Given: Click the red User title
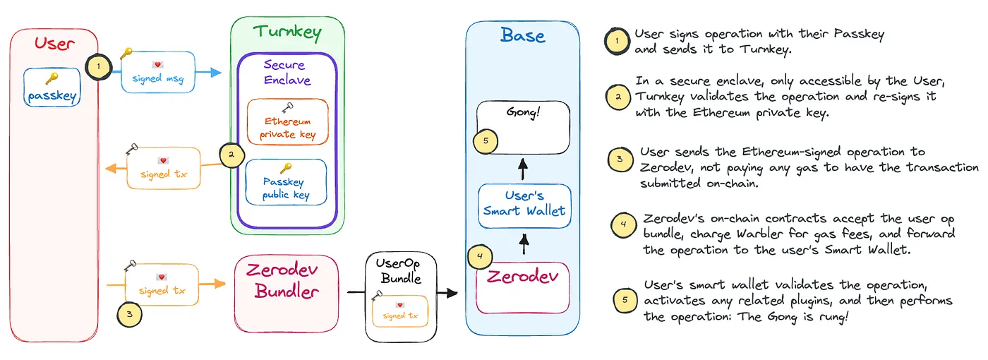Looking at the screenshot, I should point(54,44).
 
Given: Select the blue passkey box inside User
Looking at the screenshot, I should point(52,88).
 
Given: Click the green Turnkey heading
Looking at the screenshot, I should point(287,32).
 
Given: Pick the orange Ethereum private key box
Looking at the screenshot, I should point(287,121).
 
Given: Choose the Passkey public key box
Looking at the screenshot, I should point(286,181).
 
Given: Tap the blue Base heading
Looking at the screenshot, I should point(522,35).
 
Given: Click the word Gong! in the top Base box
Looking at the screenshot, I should point(523,112).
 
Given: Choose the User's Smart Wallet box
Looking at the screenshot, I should point(524,205).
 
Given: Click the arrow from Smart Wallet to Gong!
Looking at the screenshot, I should point(523,169).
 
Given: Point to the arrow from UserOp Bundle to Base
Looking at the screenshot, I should point(447,292).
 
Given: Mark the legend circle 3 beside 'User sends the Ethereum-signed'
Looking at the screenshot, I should point(620,160).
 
